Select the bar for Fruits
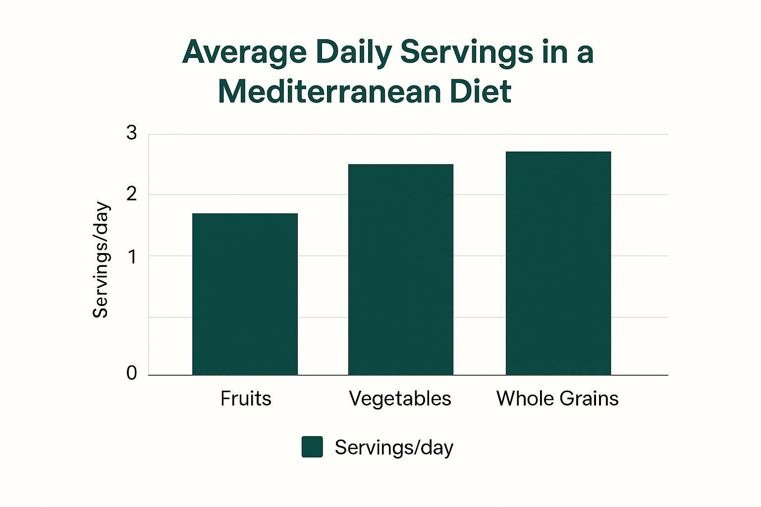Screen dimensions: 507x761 coord(245,294)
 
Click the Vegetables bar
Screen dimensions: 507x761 coord(400,269)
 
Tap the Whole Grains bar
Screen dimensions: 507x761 coord(558,263)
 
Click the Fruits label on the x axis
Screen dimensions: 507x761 coord(246,399)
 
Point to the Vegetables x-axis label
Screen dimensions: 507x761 coord(400,399)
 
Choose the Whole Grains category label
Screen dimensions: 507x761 coord(557,399)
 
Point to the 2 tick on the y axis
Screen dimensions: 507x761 coord(131,194)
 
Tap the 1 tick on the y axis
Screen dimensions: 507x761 coord(132,256)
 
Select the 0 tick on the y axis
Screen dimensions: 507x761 coord(131,373)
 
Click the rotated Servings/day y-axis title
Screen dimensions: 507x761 coord(101,260)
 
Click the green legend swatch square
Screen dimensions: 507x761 coord(312,447)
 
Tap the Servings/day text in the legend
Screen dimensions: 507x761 coord(394,448)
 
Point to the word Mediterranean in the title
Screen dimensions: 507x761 coord(329,92)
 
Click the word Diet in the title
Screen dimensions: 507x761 coord(480,92)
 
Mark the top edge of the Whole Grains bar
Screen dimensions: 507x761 coord(558,152)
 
